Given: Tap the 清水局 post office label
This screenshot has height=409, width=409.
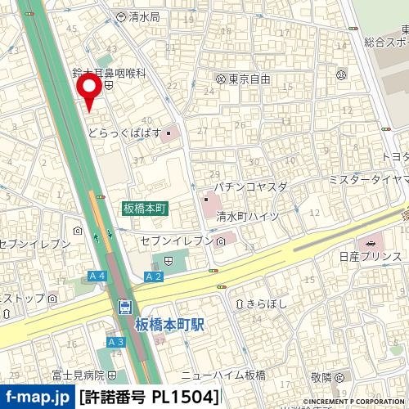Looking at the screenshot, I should (143, 16).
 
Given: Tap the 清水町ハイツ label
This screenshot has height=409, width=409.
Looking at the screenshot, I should (248, 216).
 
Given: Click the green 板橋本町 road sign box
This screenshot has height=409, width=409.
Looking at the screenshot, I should (146, 209).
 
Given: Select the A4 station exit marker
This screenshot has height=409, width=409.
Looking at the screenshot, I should (96, 276).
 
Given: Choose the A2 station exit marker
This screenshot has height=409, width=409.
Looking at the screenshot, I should (153, 276).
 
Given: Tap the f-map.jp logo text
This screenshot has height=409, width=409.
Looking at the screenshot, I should (36, 398).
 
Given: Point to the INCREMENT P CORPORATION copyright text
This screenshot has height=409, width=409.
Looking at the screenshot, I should (356, 402).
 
